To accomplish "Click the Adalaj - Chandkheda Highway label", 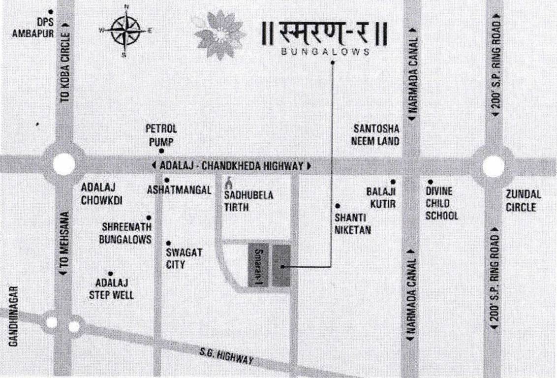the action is point(232,166).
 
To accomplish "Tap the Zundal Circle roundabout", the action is point(493,166).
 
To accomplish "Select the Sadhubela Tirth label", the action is point(249,201).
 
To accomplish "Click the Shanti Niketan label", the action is point(353,223).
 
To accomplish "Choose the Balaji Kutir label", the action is point(381,197).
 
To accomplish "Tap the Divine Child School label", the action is point(441,203).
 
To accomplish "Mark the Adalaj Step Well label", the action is point(111,289).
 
